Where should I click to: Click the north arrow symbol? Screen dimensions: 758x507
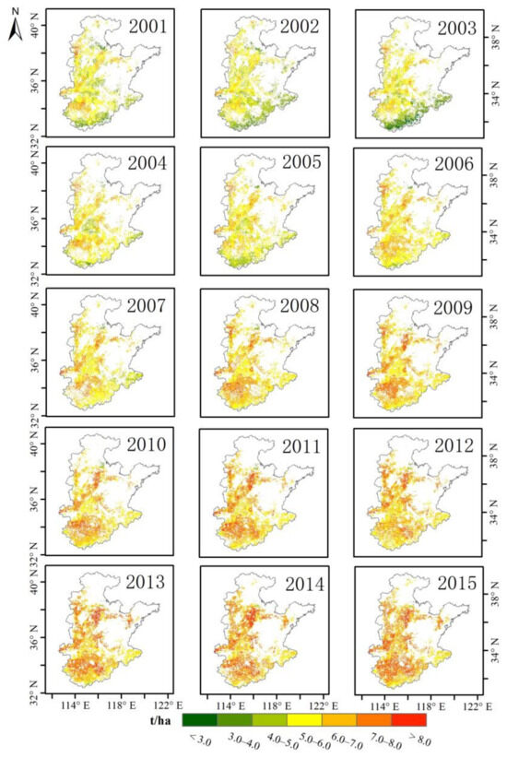pyautogui.click(x=16, y=29)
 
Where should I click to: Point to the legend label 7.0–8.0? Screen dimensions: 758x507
pyautogui.click(x=373, y=739)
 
